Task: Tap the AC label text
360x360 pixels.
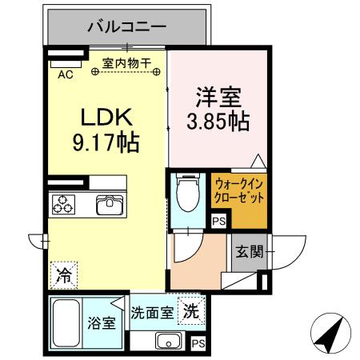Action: click(66, 74)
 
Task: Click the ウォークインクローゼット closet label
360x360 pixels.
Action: click(238, 191)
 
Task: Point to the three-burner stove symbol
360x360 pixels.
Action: click(65, 205)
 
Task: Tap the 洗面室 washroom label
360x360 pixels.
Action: click(153, 313)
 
